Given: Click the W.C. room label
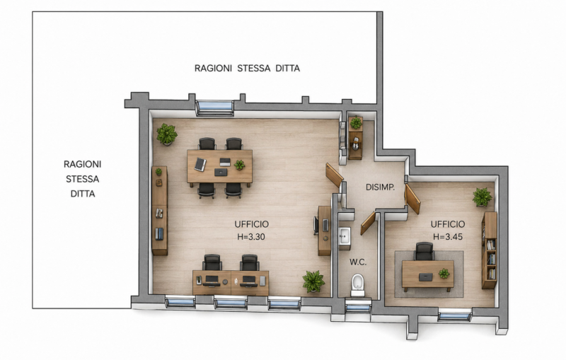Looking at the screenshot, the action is click(x=358, y=262).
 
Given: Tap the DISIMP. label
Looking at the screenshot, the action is click(x=380, y=187).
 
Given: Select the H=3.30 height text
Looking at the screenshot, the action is click(x=251, y=237).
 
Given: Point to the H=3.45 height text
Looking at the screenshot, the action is click(x=448, y=237).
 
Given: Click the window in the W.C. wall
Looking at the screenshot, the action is click(x=358, y=308).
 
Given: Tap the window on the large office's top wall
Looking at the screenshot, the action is click(x=214, y=107).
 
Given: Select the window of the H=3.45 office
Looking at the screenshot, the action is click(x=454, y=316).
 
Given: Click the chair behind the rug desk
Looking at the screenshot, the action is click(x=424, y=251).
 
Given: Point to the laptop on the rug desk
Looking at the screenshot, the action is click(x=426, y=277).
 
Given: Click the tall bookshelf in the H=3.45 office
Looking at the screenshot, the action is click(x=489, y=250).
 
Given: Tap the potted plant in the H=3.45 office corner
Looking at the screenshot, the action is click(x=483, y=197).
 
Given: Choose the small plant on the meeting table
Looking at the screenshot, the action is click(x=239, y=165).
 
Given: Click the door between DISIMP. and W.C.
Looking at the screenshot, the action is click(x=368, y=223).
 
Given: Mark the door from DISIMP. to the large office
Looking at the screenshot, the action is click(x=334, y=175).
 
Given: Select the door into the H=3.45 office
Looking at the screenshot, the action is click(x=412, y=199).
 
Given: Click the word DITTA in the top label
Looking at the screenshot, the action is click(x=287, y=68).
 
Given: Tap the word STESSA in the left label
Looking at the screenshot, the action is click(x=82, y=179).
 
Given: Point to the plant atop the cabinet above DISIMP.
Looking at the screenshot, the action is click(x=356, y=122).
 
